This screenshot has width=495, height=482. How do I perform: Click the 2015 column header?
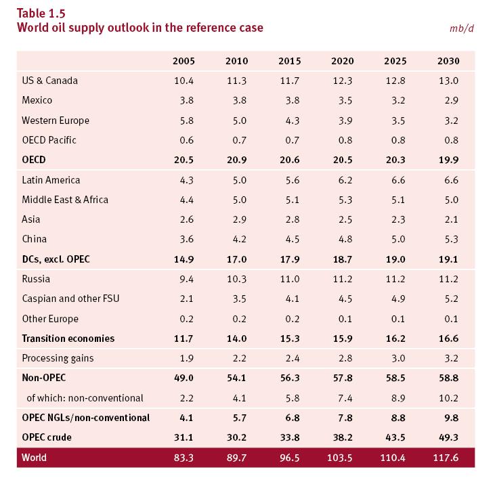(x=289, y=61)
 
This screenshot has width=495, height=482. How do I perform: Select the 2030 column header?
(x=448, y=61)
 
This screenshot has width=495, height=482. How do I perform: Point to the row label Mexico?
(x=37, y=100)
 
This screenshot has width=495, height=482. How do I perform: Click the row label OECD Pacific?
(x=49, y=140)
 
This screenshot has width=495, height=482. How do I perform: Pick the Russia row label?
(x=36, y=278)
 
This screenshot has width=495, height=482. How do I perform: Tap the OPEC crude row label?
(x=47, y=437)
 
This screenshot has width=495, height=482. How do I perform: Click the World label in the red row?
(x=34, y=458)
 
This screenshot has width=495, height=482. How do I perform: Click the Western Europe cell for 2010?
(x=236, y=121)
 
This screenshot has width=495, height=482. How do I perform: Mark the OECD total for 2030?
(x=448, y=160)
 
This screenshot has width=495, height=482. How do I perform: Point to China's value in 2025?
(x=395, y=239)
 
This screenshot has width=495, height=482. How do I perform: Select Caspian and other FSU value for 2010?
(x=236, y=299)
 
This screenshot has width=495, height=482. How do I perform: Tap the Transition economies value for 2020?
(x=342, y=338)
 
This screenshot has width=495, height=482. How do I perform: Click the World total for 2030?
(x=446, y=458)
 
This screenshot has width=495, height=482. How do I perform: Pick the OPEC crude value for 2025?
(x=395, y=437)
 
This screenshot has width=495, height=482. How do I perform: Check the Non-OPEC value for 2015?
(x=289, y=378)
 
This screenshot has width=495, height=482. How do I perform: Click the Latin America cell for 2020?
(x=343, y=180)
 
